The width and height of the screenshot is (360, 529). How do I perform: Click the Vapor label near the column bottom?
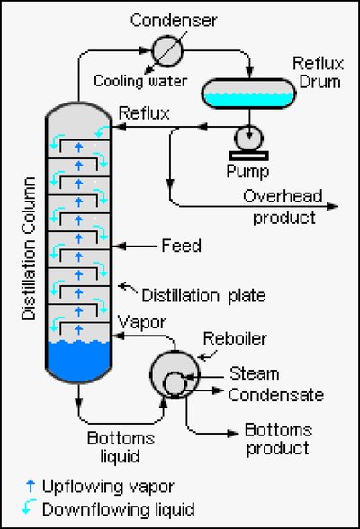click(139, 323)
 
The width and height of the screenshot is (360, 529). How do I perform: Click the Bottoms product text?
click(275, 439)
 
